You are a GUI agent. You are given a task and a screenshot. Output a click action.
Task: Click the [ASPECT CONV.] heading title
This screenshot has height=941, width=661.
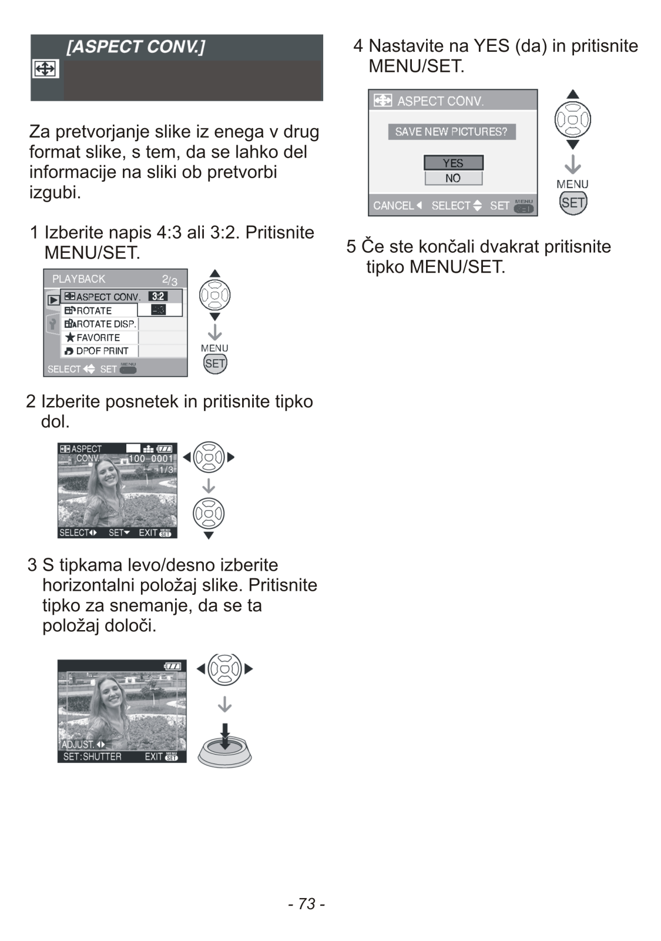click(136, 47)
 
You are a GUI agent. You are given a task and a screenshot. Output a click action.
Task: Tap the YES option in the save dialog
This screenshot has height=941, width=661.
click(453, 163)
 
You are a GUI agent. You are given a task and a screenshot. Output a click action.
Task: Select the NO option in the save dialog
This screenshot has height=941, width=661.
click(453, 178)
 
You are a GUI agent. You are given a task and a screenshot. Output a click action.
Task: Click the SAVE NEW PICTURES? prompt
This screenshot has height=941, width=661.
click(451, 132)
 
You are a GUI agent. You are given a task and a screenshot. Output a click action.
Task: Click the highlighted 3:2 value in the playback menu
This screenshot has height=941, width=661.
click(157, 297)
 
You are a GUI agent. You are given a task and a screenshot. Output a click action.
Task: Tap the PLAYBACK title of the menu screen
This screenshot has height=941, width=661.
click(79, 279)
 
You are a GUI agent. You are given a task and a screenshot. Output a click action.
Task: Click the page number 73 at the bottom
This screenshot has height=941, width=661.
click(307, 903)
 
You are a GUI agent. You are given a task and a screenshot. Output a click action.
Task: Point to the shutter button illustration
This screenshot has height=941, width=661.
click(224, 746)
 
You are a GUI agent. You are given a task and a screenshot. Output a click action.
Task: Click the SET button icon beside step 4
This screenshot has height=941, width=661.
click(573, 203)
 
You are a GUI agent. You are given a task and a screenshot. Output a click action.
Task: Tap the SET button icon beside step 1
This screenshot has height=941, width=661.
click(215, 363)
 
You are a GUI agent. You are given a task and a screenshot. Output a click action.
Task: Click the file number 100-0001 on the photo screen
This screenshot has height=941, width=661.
click(151, 458)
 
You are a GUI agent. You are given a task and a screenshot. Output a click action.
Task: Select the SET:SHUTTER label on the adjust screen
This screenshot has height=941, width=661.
click(92, 756)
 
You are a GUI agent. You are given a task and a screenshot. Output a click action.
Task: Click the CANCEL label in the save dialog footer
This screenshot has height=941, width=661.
click(394, 206)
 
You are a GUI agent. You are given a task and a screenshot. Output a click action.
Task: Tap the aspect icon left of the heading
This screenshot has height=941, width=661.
click(45, 69)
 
